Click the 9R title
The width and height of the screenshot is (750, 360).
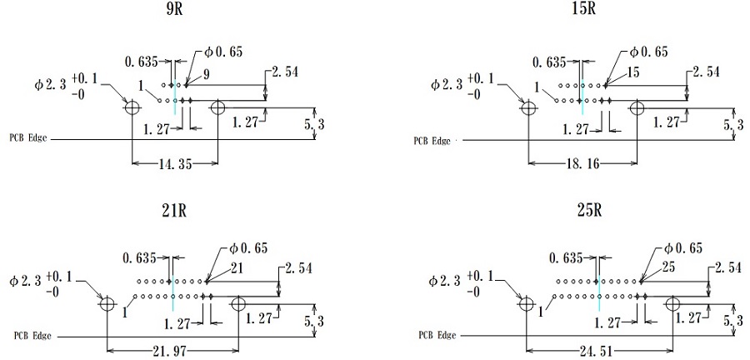pyautogui.click(x=176, y=10)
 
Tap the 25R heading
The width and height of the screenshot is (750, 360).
pyautogui.click(x=588, y=210)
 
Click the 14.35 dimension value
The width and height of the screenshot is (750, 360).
pyautogui.click(x=174, y=164)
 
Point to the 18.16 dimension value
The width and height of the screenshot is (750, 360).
pyautogui.click(x=582, y=164)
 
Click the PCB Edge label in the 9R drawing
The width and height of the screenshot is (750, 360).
pyautogui.click(x=28, y=137)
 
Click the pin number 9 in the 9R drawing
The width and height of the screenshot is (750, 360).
pyautogui.click(x=206, y=75)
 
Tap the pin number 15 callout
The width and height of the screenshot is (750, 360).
pyautogui.click(x=633, y=73)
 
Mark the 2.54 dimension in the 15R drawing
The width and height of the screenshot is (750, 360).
pyautogui.click(x=706, y=72)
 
